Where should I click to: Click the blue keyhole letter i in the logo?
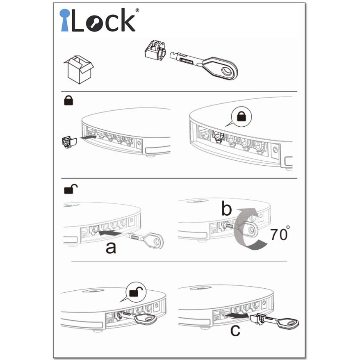coord(64,20)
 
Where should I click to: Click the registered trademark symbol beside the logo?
coord(137,10)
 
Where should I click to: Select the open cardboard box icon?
coord(79,69)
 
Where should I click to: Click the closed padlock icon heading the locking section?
coord(68,101)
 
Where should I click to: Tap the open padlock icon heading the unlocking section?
coord(71,189)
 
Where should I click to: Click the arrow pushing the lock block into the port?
coord(88,137)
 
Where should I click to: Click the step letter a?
coord(111,248)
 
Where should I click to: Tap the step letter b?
coord(226,208)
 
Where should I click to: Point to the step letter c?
coord(235,330)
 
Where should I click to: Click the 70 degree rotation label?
coord(280,233)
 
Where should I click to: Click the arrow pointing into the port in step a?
coord(110,233)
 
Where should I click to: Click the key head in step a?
coord(154,240)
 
